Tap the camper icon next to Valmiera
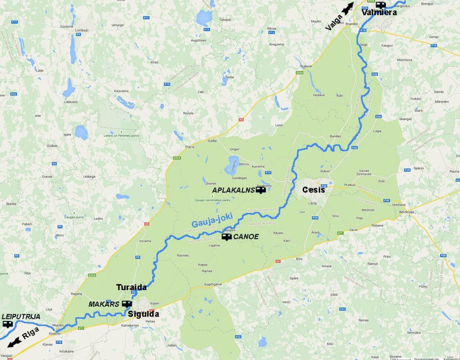click(x=380, y=5)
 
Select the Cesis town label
click(x=314, y=190)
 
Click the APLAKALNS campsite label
click(x=233, y=190)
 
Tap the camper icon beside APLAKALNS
click(x=260, y=190)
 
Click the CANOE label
click(x=246, y=237)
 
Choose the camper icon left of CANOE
click(x=227, y=236)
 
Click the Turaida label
click(x=131, y=287)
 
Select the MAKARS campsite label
click(x=104, y=304)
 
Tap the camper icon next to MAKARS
click(x=127, y=304)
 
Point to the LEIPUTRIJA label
click(x=21, y=316)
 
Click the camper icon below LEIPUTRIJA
click(x=7, y=324)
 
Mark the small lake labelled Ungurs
click(x=233, y=164)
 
